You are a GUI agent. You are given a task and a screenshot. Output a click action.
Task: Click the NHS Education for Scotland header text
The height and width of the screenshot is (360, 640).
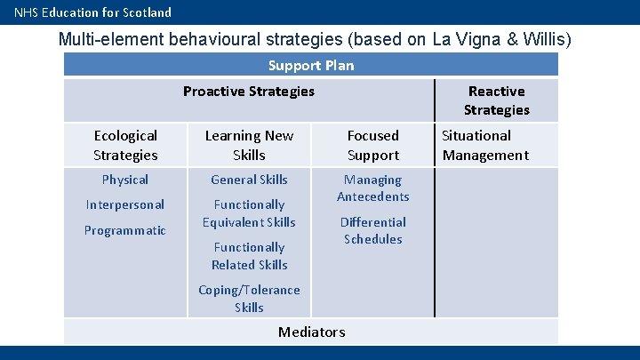(x=92, y=12)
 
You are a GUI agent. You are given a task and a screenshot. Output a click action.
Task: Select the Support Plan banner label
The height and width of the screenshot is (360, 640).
(x=311, y=65)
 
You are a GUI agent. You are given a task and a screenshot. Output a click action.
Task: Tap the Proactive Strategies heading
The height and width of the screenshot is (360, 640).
(x=249, y=91)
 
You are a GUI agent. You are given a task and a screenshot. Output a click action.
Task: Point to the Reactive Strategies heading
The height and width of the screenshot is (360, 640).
(x=496, y=100)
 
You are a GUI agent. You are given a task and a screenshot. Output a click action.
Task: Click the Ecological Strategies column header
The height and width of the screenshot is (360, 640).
(x=125, y=145)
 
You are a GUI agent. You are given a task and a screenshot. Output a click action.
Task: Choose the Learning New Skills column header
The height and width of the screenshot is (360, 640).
(x=249, y=145)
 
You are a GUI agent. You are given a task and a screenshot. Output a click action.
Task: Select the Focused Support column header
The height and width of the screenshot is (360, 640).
(x=373, y=145)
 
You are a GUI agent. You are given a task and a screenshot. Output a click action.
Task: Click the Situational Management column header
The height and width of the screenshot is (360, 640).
(x=485, y=145)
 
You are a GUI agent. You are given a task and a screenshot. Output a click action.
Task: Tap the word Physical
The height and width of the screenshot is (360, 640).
(x=125, y=180)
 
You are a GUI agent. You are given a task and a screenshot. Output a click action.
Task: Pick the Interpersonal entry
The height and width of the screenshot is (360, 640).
(x=125, y=204)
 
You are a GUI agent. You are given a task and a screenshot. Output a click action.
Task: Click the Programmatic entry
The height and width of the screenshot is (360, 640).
(x=125, y=230)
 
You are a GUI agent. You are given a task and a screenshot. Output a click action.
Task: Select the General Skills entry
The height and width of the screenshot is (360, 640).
(x=249, y=180)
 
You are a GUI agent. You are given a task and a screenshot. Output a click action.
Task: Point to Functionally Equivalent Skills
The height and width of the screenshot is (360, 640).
(x=249, y=213)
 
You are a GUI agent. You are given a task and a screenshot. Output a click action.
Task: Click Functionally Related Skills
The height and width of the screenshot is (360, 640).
(x=249, y=256)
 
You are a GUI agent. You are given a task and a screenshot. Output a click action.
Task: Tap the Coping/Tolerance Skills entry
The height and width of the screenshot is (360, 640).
(x=249, y=299)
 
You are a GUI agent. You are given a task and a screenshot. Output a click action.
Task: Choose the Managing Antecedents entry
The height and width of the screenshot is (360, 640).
(x=373, y=188)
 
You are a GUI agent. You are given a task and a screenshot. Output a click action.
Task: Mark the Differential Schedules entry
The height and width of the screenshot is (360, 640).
(x=373, y=230)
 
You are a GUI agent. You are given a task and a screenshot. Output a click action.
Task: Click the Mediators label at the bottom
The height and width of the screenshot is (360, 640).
(x=311, y=332)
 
